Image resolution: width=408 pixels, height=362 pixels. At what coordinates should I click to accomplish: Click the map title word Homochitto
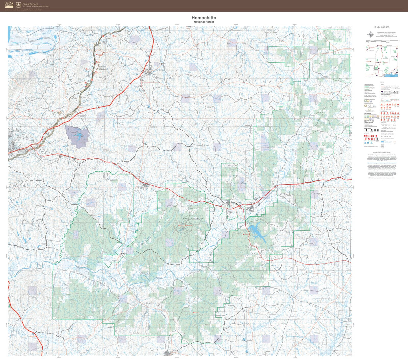coord(204,18)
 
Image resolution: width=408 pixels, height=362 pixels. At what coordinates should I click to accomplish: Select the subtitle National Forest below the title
coord(204,22)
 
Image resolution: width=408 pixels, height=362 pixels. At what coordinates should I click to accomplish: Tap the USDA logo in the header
coord(9,5)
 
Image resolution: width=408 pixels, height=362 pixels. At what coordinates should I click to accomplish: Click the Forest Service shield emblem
coord(18,5)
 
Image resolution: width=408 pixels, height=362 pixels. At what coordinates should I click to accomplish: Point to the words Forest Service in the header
coord(30,4)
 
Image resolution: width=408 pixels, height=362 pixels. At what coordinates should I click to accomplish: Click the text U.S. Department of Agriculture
coord(36,6)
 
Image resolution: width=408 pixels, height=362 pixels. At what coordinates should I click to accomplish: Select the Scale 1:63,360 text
coord(382,27)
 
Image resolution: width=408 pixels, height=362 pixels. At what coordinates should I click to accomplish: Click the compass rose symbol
coord(370,35)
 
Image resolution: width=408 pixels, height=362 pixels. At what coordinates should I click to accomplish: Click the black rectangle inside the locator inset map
coord(376,68)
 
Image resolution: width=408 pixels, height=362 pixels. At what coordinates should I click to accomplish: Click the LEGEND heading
coord(382,82)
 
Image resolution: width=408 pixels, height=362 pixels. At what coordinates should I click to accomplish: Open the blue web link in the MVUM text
coord(382,163)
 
